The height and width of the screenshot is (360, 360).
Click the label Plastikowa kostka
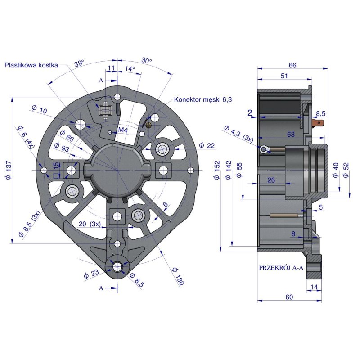click(31, 65)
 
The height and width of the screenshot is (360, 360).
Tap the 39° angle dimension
click(80, 64)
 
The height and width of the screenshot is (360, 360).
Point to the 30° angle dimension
click(146, 61)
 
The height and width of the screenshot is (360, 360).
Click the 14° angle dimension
click(130, 69)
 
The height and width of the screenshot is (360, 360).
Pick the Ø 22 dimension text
click(207, 145)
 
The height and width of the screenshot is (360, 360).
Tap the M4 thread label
click(122, 130)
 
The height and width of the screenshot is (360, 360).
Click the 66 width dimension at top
click(292, 65)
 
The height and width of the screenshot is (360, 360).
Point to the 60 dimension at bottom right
click(289, 297)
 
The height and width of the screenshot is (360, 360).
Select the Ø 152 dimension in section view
click(217, 171)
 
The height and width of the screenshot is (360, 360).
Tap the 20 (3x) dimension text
click(89, 224)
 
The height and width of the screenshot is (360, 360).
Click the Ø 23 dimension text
click(91, 274)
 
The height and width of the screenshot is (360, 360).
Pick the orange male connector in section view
click(319, 122)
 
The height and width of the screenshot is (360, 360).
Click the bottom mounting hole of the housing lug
click(117, 267)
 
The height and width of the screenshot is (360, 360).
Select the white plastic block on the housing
click(106, 109)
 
